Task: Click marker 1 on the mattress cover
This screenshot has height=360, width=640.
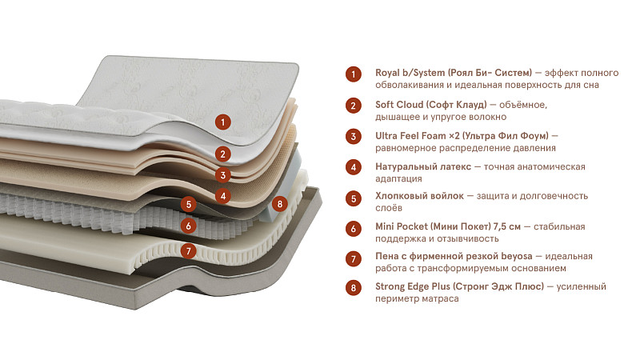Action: tap(223, 122)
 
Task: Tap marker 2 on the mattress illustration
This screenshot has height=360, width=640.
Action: tap(223, 154)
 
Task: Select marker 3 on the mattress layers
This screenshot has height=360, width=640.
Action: tap(223, 175)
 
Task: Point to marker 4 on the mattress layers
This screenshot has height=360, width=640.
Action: tap(223, 196)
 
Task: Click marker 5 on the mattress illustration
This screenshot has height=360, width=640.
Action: tap(189, 205)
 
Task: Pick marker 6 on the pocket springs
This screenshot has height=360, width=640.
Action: tap(188, 226)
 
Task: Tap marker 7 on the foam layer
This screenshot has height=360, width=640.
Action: tap(188, 250)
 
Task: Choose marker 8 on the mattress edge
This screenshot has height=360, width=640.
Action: tap(279, 204)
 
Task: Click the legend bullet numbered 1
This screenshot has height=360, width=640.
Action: tap(354, 74)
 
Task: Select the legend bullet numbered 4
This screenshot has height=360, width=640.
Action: tap(354, 167)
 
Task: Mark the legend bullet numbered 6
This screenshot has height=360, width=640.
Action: tap(354, 229)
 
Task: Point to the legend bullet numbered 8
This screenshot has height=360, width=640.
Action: tap(354, 288)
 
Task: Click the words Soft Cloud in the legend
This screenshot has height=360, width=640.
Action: tap(398, 105)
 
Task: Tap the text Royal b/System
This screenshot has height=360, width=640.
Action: tap(410, 73)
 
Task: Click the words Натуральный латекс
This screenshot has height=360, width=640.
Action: tap(423, 167)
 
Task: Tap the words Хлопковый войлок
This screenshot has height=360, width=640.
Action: tap(419, 196)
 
